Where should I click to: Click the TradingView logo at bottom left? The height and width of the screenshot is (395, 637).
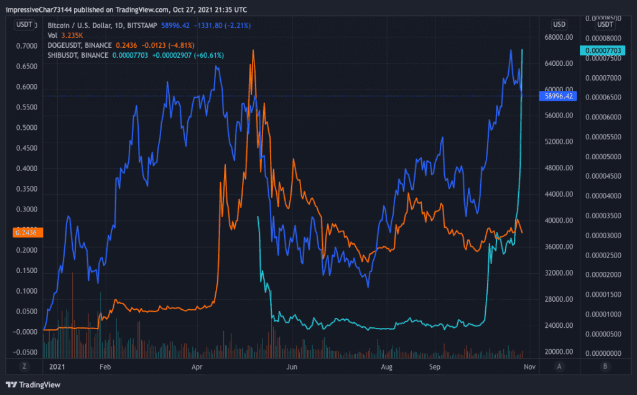(x=30, y=384)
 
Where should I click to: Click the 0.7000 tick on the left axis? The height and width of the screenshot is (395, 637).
(x=26, y=46)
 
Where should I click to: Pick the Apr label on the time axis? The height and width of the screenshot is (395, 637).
(x=197, y=367)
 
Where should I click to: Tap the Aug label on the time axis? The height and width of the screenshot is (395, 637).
(x=387, y=367)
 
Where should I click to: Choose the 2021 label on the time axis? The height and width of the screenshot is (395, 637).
(x=57, y=367)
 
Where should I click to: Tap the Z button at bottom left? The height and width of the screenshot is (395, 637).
(x=24, y=366)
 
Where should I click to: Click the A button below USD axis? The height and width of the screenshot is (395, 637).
(x=560, y=366)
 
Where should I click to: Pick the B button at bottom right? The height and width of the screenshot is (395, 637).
(x=605, y=366)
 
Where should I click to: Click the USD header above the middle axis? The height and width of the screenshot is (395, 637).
(x=559, y=24)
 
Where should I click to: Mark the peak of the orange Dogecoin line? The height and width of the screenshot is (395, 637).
(x=253, y=50)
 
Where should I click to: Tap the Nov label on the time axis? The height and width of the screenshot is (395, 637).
(x=529, y=367)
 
